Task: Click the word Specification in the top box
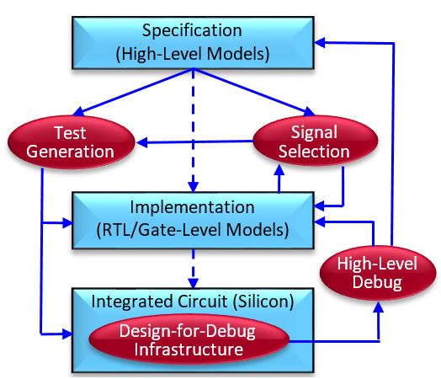pos(192,31)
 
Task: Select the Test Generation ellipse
pos(72,142)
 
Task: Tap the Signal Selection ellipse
pos(315,141)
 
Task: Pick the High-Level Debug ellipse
pos(378,273)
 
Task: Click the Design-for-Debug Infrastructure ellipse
pos(189,340)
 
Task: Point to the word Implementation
pos(193,207)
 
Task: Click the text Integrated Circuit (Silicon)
pos(193,302)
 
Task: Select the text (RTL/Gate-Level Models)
pos(193,230)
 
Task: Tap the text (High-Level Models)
pos(193,54)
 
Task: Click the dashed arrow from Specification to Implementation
pos(193,131)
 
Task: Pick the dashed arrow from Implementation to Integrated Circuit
pos(193,269)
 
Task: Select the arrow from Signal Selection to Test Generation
pos(194,141)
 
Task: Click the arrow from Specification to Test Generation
pos(133,93)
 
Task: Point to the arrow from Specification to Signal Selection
pos(253,93)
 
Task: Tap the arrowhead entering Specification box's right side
pos(319,43)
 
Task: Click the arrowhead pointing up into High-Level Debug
pos(379,307)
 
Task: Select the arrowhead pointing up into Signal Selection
pos(279,170)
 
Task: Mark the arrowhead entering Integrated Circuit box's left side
pos(67,334)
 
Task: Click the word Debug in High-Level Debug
pos(377,282)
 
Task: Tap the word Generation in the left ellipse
pos(71,152)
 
